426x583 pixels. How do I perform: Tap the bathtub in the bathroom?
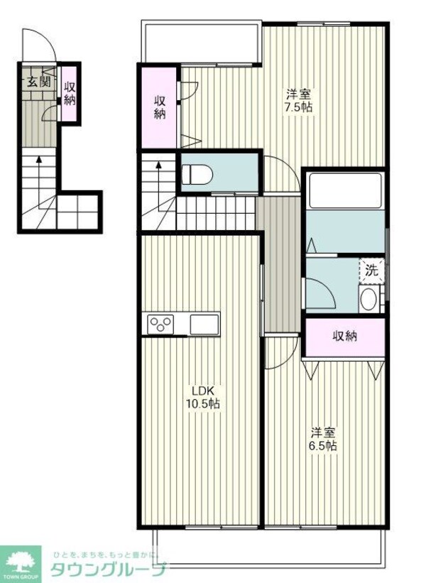pyautogui.click(x=345, y=190)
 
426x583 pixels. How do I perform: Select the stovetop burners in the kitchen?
pyautogui.click(x=160, y=324)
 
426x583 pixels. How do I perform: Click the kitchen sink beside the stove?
pyautogui.click(x=204, y=324)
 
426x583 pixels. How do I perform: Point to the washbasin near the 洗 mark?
pyautogui.click(x=368, y=299)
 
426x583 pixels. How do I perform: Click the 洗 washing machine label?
pyautogui.click(x=372, y=270)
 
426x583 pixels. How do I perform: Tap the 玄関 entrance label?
pyautogui.click(x=38, y=80)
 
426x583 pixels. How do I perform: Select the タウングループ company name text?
pyautogui.click(x=110, y=569)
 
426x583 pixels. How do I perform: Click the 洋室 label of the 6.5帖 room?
pyautogui.click(x=322, y=432)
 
